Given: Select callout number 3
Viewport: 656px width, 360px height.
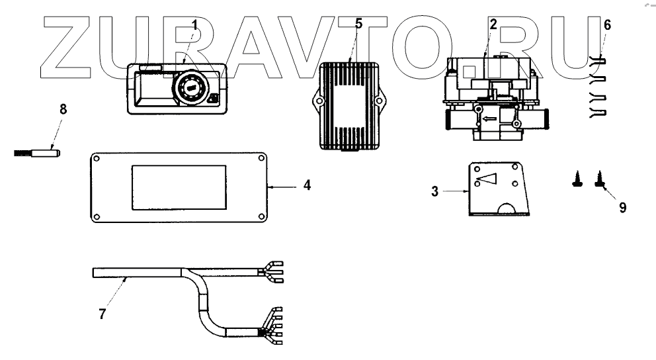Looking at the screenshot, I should pyautogui.click(x=434, y=193).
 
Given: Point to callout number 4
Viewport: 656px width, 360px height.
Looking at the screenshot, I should pyautogui.click(x=307, y=186).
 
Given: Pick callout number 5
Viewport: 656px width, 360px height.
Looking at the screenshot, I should pyautogui.click(x=358, y=24).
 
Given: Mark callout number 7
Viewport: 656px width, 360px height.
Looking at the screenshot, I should pyautogui.click(x=102, y=314).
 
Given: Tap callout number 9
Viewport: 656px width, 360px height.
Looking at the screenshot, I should pyautogui.click(x=622, y=207).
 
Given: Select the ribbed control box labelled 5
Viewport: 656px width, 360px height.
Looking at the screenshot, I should pyautogui.click(x=348, y=107).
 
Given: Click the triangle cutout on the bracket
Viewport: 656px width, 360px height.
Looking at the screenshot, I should pyautogui.click(x=488, y=178).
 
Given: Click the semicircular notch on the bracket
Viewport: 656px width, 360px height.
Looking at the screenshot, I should pyautogui.click(x=508, y=208).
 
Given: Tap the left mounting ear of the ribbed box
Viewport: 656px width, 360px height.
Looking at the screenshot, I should pyautogui.click(x=316, y=102).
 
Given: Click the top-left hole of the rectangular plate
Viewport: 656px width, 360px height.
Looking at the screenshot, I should pyautogui.click(x=97, y=158).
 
